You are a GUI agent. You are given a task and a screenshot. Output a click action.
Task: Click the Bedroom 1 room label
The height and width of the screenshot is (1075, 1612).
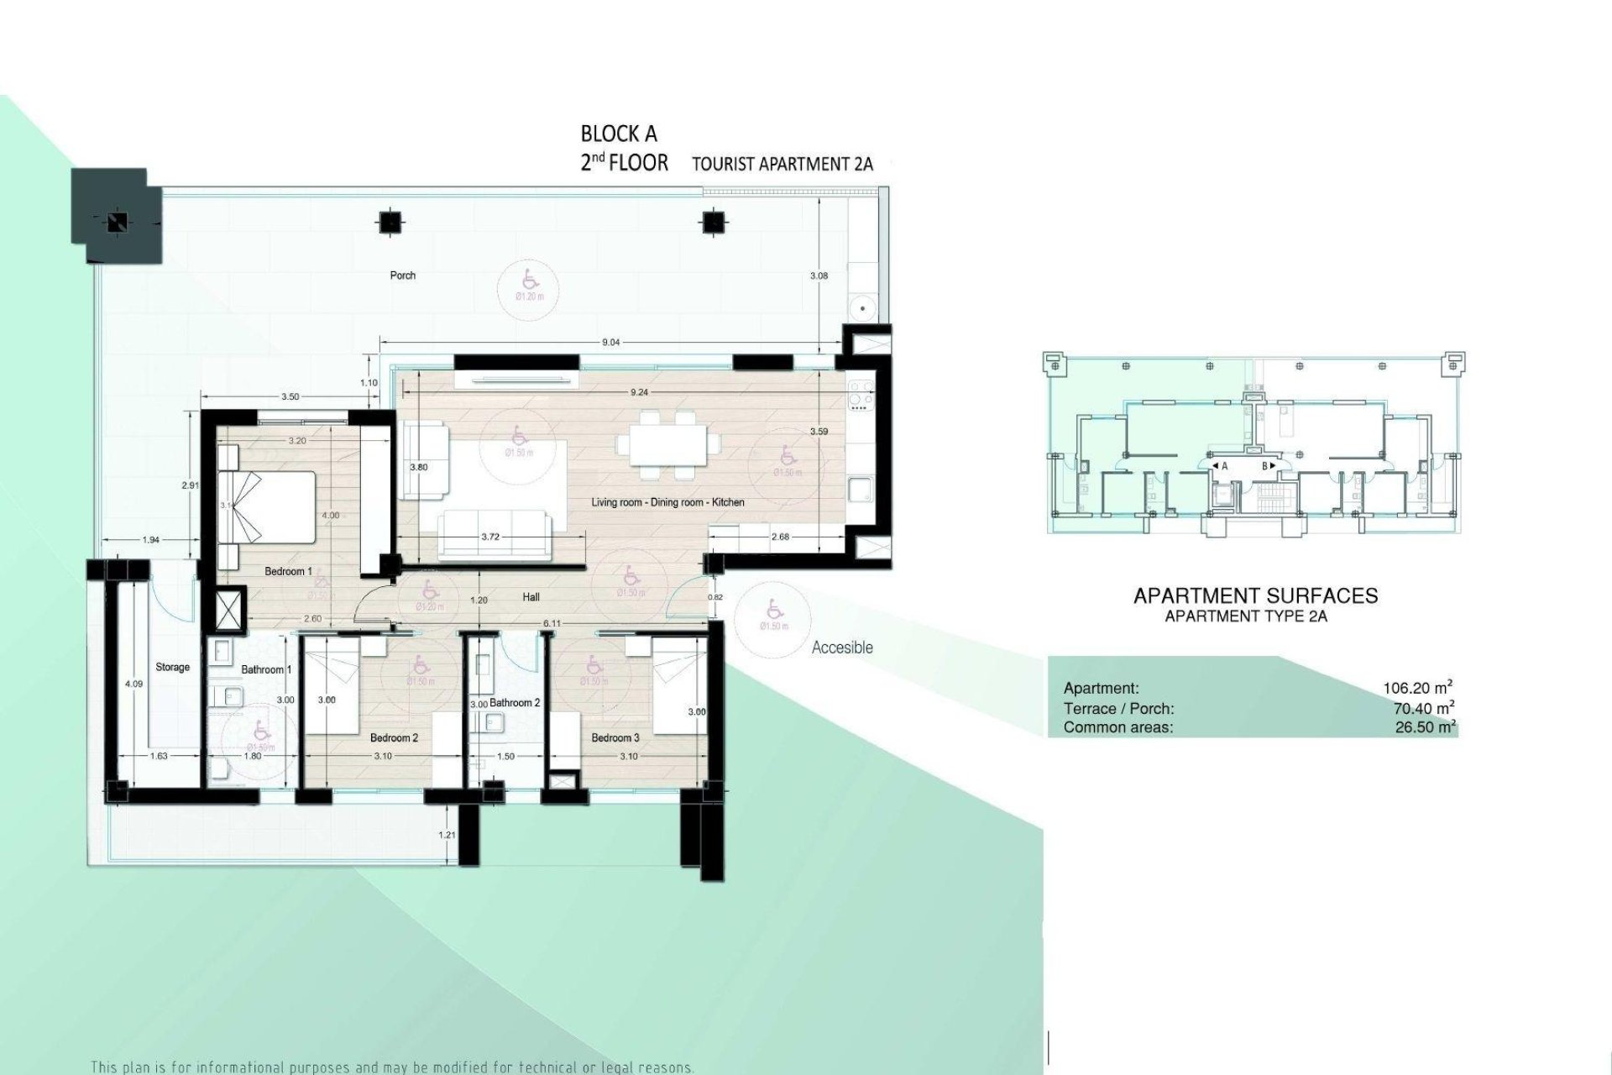click(288, 572)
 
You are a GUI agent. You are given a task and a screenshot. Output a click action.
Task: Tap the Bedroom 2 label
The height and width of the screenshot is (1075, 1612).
click(394, 738)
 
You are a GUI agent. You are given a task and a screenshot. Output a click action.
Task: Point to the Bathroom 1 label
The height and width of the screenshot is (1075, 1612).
click(266, 669)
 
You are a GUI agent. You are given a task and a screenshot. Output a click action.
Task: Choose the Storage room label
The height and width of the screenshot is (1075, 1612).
click(172, 667)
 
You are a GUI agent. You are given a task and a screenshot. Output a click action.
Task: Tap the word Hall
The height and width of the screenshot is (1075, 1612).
click(530, 597)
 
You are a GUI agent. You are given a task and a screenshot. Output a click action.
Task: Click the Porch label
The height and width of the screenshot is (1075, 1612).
click(403, 275)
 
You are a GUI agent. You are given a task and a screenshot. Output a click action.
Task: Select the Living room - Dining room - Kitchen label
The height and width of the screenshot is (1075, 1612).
click(667, 502)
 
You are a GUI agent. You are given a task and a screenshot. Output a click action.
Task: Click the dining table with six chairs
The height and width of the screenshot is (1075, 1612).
click(668, 443)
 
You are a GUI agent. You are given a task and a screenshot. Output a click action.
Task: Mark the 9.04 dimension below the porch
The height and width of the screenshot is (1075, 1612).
click(611, 342)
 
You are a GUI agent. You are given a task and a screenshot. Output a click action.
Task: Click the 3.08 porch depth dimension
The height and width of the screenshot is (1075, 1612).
click(819, 275)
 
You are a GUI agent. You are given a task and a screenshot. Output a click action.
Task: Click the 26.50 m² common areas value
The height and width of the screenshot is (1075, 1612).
click(1425, 727)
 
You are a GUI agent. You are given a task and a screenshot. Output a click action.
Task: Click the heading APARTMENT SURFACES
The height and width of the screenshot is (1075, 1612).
click(1255, 596)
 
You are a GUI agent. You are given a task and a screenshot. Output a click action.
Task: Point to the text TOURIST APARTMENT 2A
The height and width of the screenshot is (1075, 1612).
click(782, 165)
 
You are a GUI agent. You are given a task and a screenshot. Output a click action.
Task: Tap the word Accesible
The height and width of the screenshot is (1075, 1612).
click(842, 648)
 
